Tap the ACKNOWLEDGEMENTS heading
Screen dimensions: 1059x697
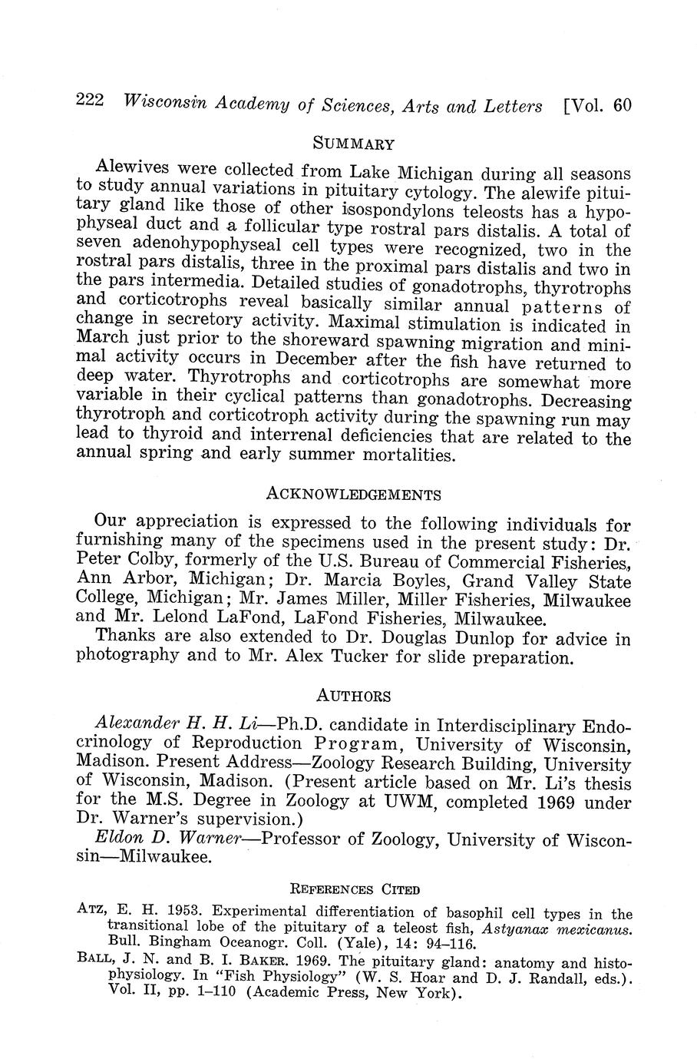[353, 493]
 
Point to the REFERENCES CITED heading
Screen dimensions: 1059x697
[354, 890]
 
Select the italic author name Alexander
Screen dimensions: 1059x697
[136, 725]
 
